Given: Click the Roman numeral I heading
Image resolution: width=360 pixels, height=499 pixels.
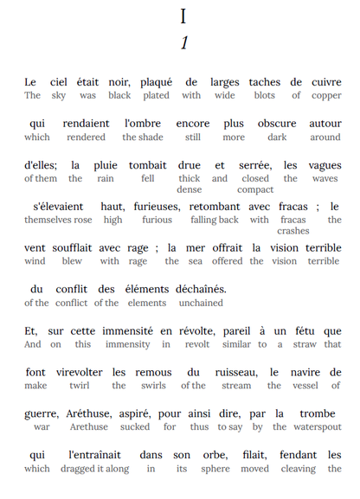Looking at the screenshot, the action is [x=183, y=16].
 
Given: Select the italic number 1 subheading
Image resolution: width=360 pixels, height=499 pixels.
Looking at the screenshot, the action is [x=183, y=43].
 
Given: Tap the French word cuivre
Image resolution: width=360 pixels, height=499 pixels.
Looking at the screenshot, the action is [x=327, y=82].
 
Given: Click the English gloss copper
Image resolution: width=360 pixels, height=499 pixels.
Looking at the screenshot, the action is [x=327, y=95].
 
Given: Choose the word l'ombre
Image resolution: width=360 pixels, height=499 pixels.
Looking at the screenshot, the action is [x=143, y=124].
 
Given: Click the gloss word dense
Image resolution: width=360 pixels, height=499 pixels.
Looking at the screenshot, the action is [x=189, y=189].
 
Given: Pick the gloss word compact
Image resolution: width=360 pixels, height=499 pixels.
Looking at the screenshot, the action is [x=255, y=189].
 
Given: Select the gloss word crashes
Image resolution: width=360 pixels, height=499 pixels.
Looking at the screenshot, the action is [x=292, y=231].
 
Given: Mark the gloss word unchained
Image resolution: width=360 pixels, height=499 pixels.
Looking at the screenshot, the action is [x=201, y=303].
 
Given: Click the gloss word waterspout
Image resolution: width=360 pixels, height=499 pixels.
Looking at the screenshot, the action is [x=316, y=426].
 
